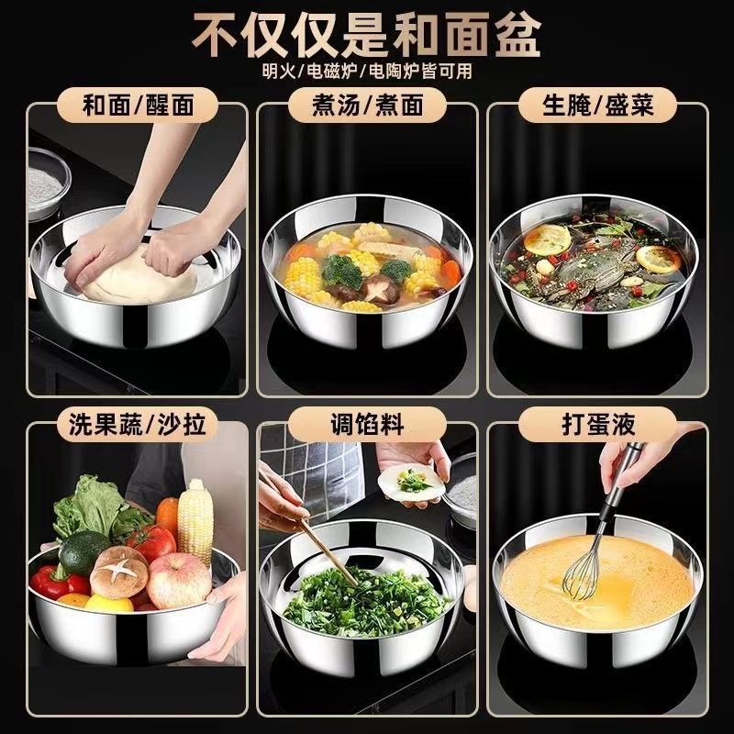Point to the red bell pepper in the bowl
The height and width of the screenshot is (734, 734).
pos(57,583)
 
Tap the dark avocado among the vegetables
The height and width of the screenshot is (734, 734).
pos(78,552)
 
